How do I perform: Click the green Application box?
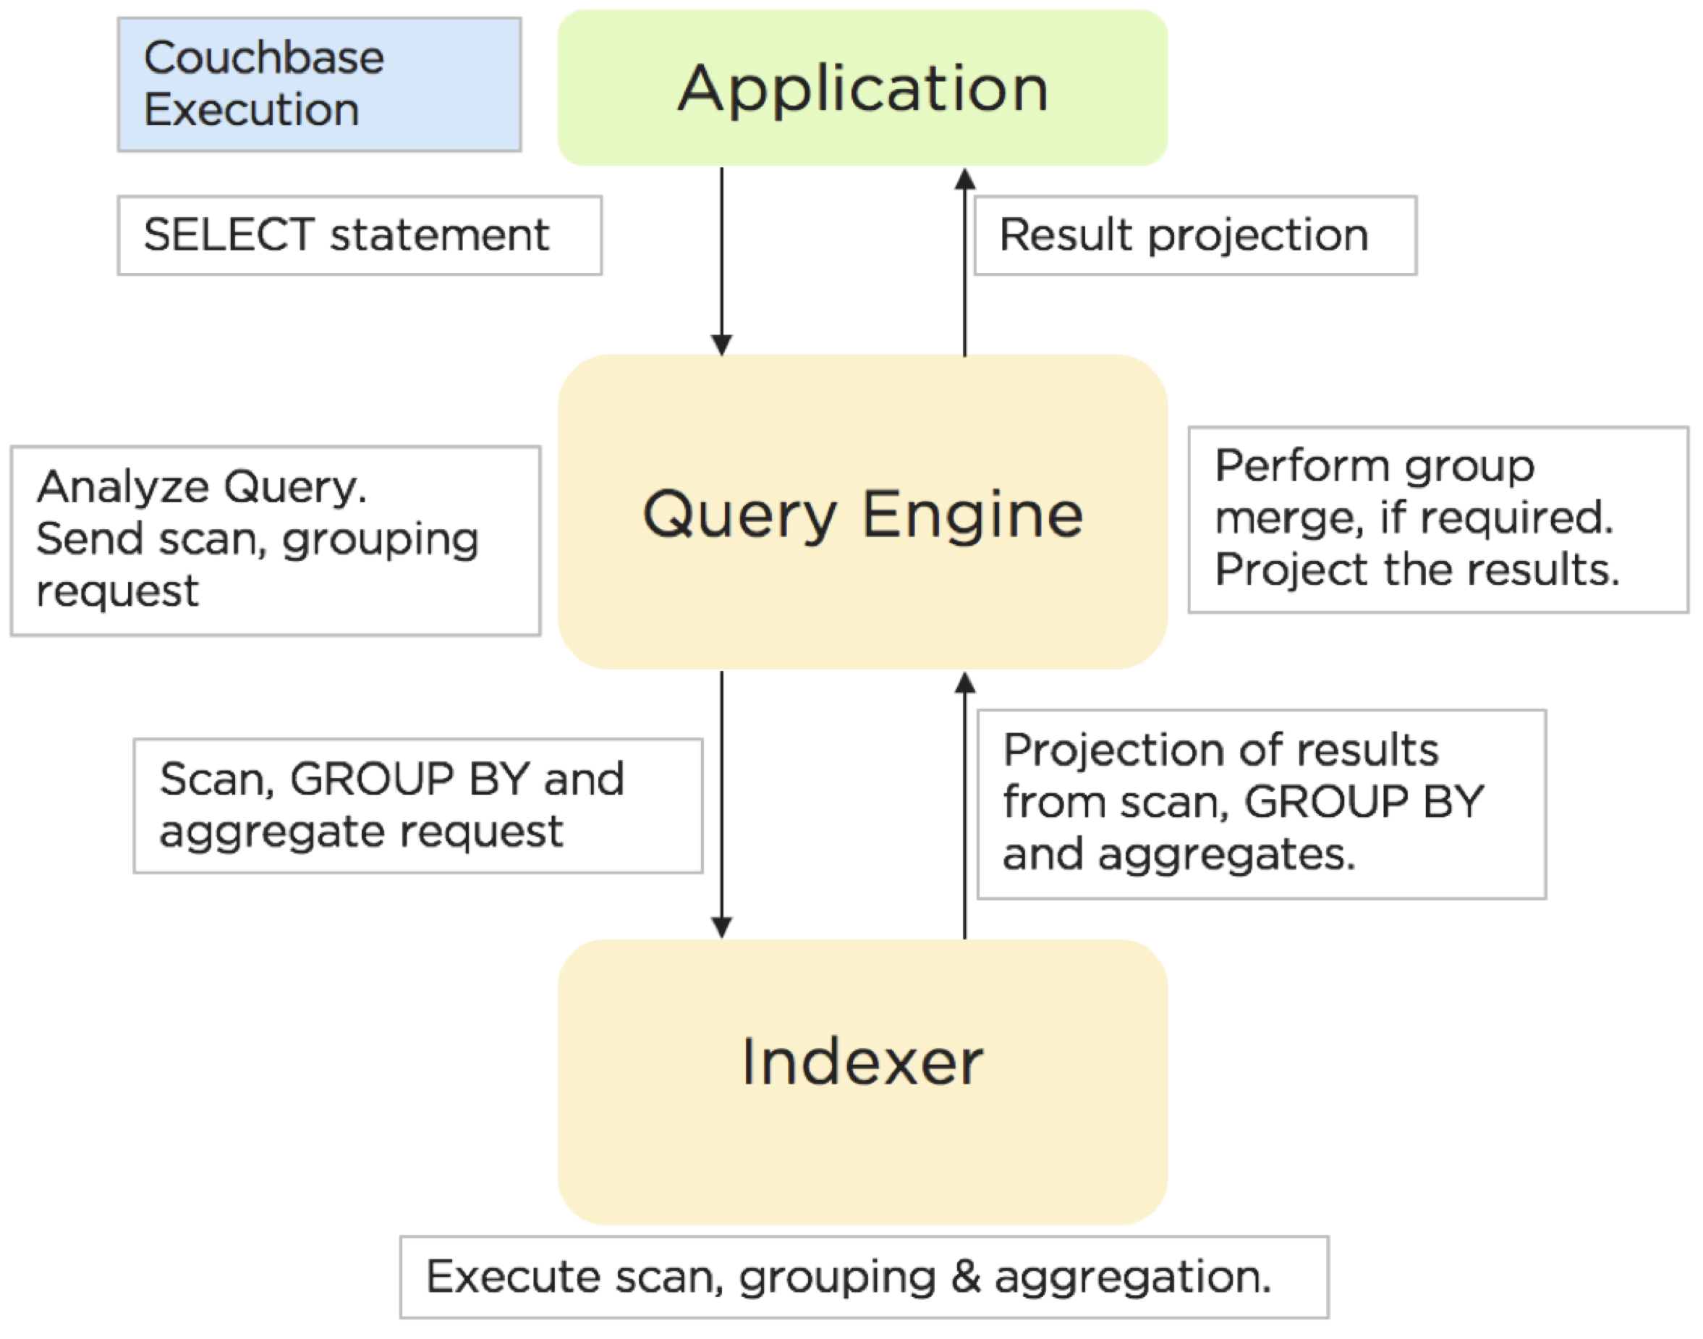point(862,88)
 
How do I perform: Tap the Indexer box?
point(862,1082)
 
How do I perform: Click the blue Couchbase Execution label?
point(319,85)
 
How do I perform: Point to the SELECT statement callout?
point(360,235)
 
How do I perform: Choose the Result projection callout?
point(1194,235)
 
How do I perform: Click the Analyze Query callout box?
point(275,541)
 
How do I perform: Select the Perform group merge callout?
point(1437,520)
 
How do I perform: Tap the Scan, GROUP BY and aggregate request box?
point(417,805)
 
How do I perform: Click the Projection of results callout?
point(1261,803)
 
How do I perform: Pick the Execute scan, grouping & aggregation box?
point(864,1277)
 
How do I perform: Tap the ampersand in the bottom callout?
point(966,1277)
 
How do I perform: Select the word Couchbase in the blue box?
point(264,58)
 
